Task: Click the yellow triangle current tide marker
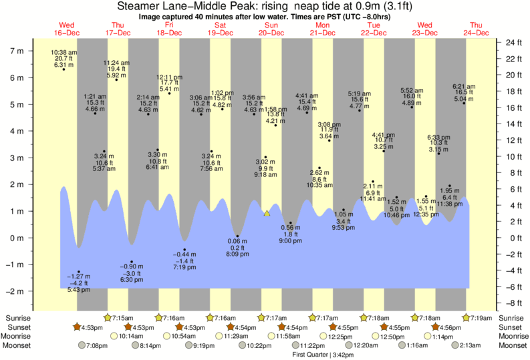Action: click(267, 214)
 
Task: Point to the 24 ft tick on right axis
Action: click(512, 42)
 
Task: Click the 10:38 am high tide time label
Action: click(63, 52)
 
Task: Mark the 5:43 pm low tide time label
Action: click(79, 290)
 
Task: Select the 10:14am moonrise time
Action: click(132, 336)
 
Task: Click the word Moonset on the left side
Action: click(18, 345)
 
